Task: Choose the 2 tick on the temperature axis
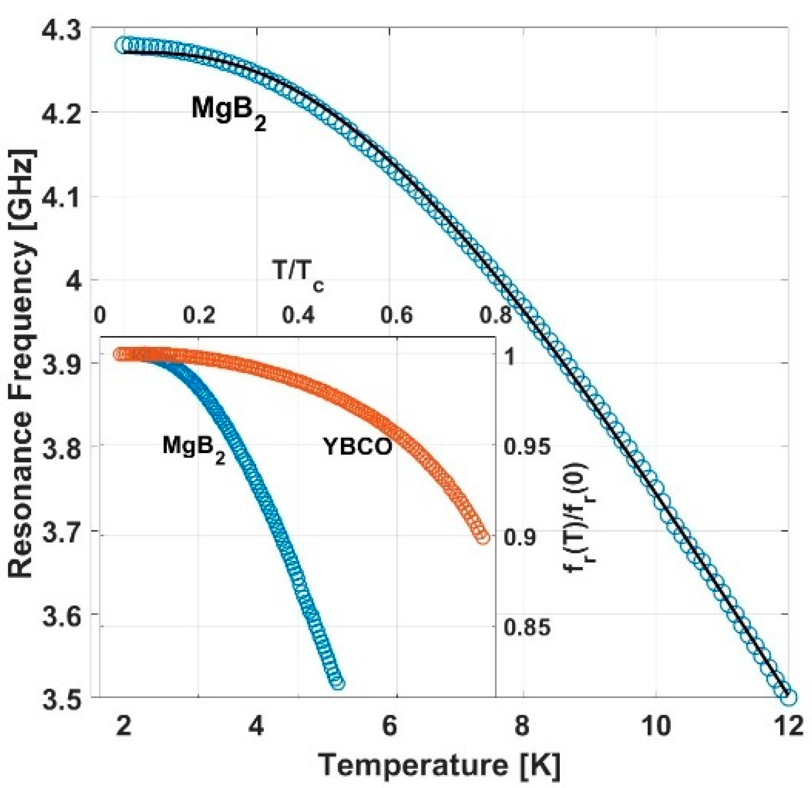click(x=124, y=726)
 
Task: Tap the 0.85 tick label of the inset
click(x=527, y=627)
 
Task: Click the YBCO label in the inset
click(x=358, y=447)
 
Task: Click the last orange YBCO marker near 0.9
click(x=482, y=538)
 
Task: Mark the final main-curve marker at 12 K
click(x=788, y=698)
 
